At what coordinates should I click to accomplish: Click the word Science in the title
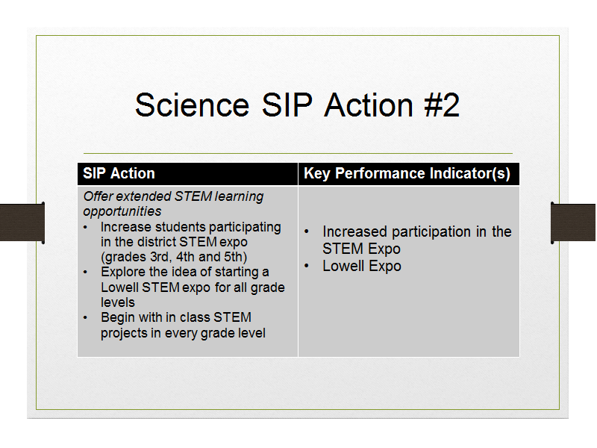193,105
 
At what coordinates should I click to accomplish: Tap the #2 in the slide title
442,105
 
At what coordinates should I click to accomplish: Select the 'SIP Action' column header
119,173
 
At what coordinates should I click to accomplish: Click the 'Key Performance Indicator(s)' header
407,173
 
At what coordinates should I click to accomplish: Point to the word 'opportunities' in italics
122,211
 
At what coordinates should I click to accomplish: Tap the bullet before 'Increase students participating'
85,228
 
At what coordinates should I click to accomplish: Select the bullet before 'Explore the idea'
85,273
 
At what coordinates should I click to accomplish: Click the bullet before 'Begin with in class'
85,318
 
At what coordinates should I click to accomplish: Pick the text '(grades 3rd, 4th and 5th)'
174,257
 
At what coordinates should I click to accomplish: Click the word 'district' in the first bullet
157,242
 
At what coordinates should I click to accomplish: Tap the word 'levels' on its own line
118,302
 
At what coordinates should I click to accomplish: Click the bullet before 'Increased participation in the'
307,231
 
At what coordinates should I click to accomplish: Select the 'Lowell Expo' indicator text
362,266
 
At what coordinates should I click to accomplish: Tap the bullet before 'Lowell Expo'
307,266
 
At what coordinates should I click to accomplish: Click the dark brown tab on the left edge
22,223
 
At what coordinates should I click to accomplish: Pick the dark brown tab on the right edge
573,223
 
